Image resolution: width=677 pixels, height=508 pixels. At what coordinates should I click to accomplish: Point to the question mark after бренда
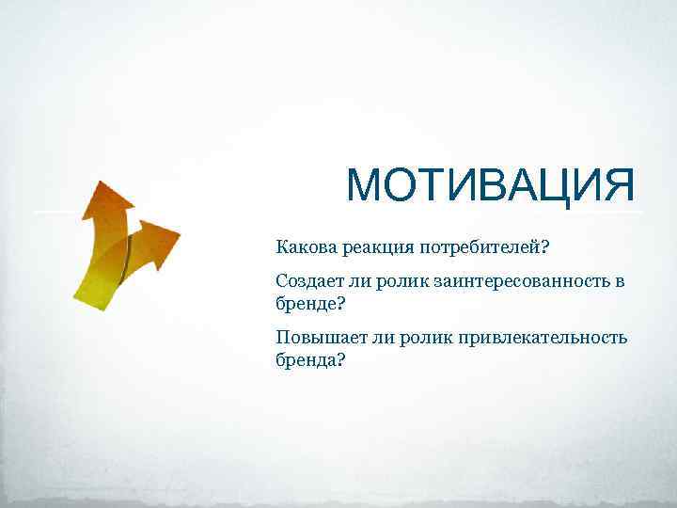tap(340, 359)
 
